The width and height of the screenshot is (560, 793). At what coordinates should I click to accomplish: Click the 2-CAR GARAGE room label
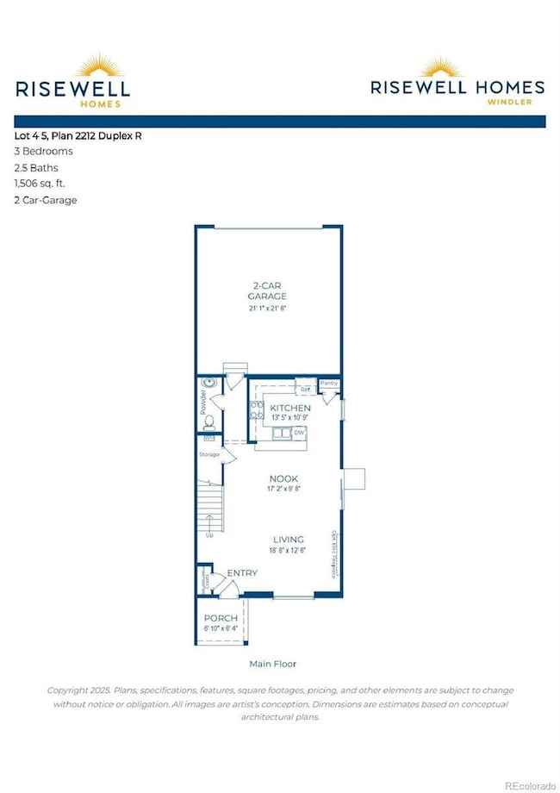pos(267,289)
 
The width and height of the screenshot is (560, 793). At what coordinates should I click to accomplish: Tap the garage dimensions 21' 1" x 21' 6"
pos(267,308)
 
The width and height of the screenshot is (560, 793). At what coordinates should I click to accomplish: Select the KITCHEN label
pos(290,407)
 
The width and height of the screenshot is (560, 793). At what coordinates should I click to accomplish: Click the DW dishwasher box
pos(300,432)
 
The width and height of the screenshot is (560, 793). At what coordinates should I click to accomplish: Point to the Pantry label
pos(328,383)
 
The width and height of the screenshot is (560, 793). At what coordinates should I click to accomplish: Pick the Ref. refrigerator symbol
pos(305,389)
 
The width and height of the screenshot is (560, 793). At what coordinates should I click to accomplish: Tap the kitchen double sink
pos(280,433)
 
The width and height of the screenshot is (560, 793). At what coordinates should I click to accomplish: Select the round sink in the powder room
pos(208,384)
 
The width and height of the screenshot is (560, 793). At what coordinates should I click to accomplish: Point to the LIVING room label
pos(289,540)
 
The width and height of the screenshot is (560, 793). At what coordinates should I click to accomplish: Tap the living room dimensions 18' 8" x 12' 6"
pos(289,551)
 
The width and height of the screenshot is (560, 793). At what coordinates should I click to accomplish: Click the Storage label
pos(208,454)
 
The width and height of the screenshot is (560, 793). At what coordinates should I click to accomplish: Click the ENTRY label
pos(242,573)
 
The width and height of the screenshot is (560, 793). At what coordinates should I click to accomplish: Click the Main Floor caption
pos(271,664)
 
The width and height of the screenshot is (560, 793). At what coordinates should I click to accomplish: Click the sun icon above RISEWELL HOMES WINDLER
pos(457,68)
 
